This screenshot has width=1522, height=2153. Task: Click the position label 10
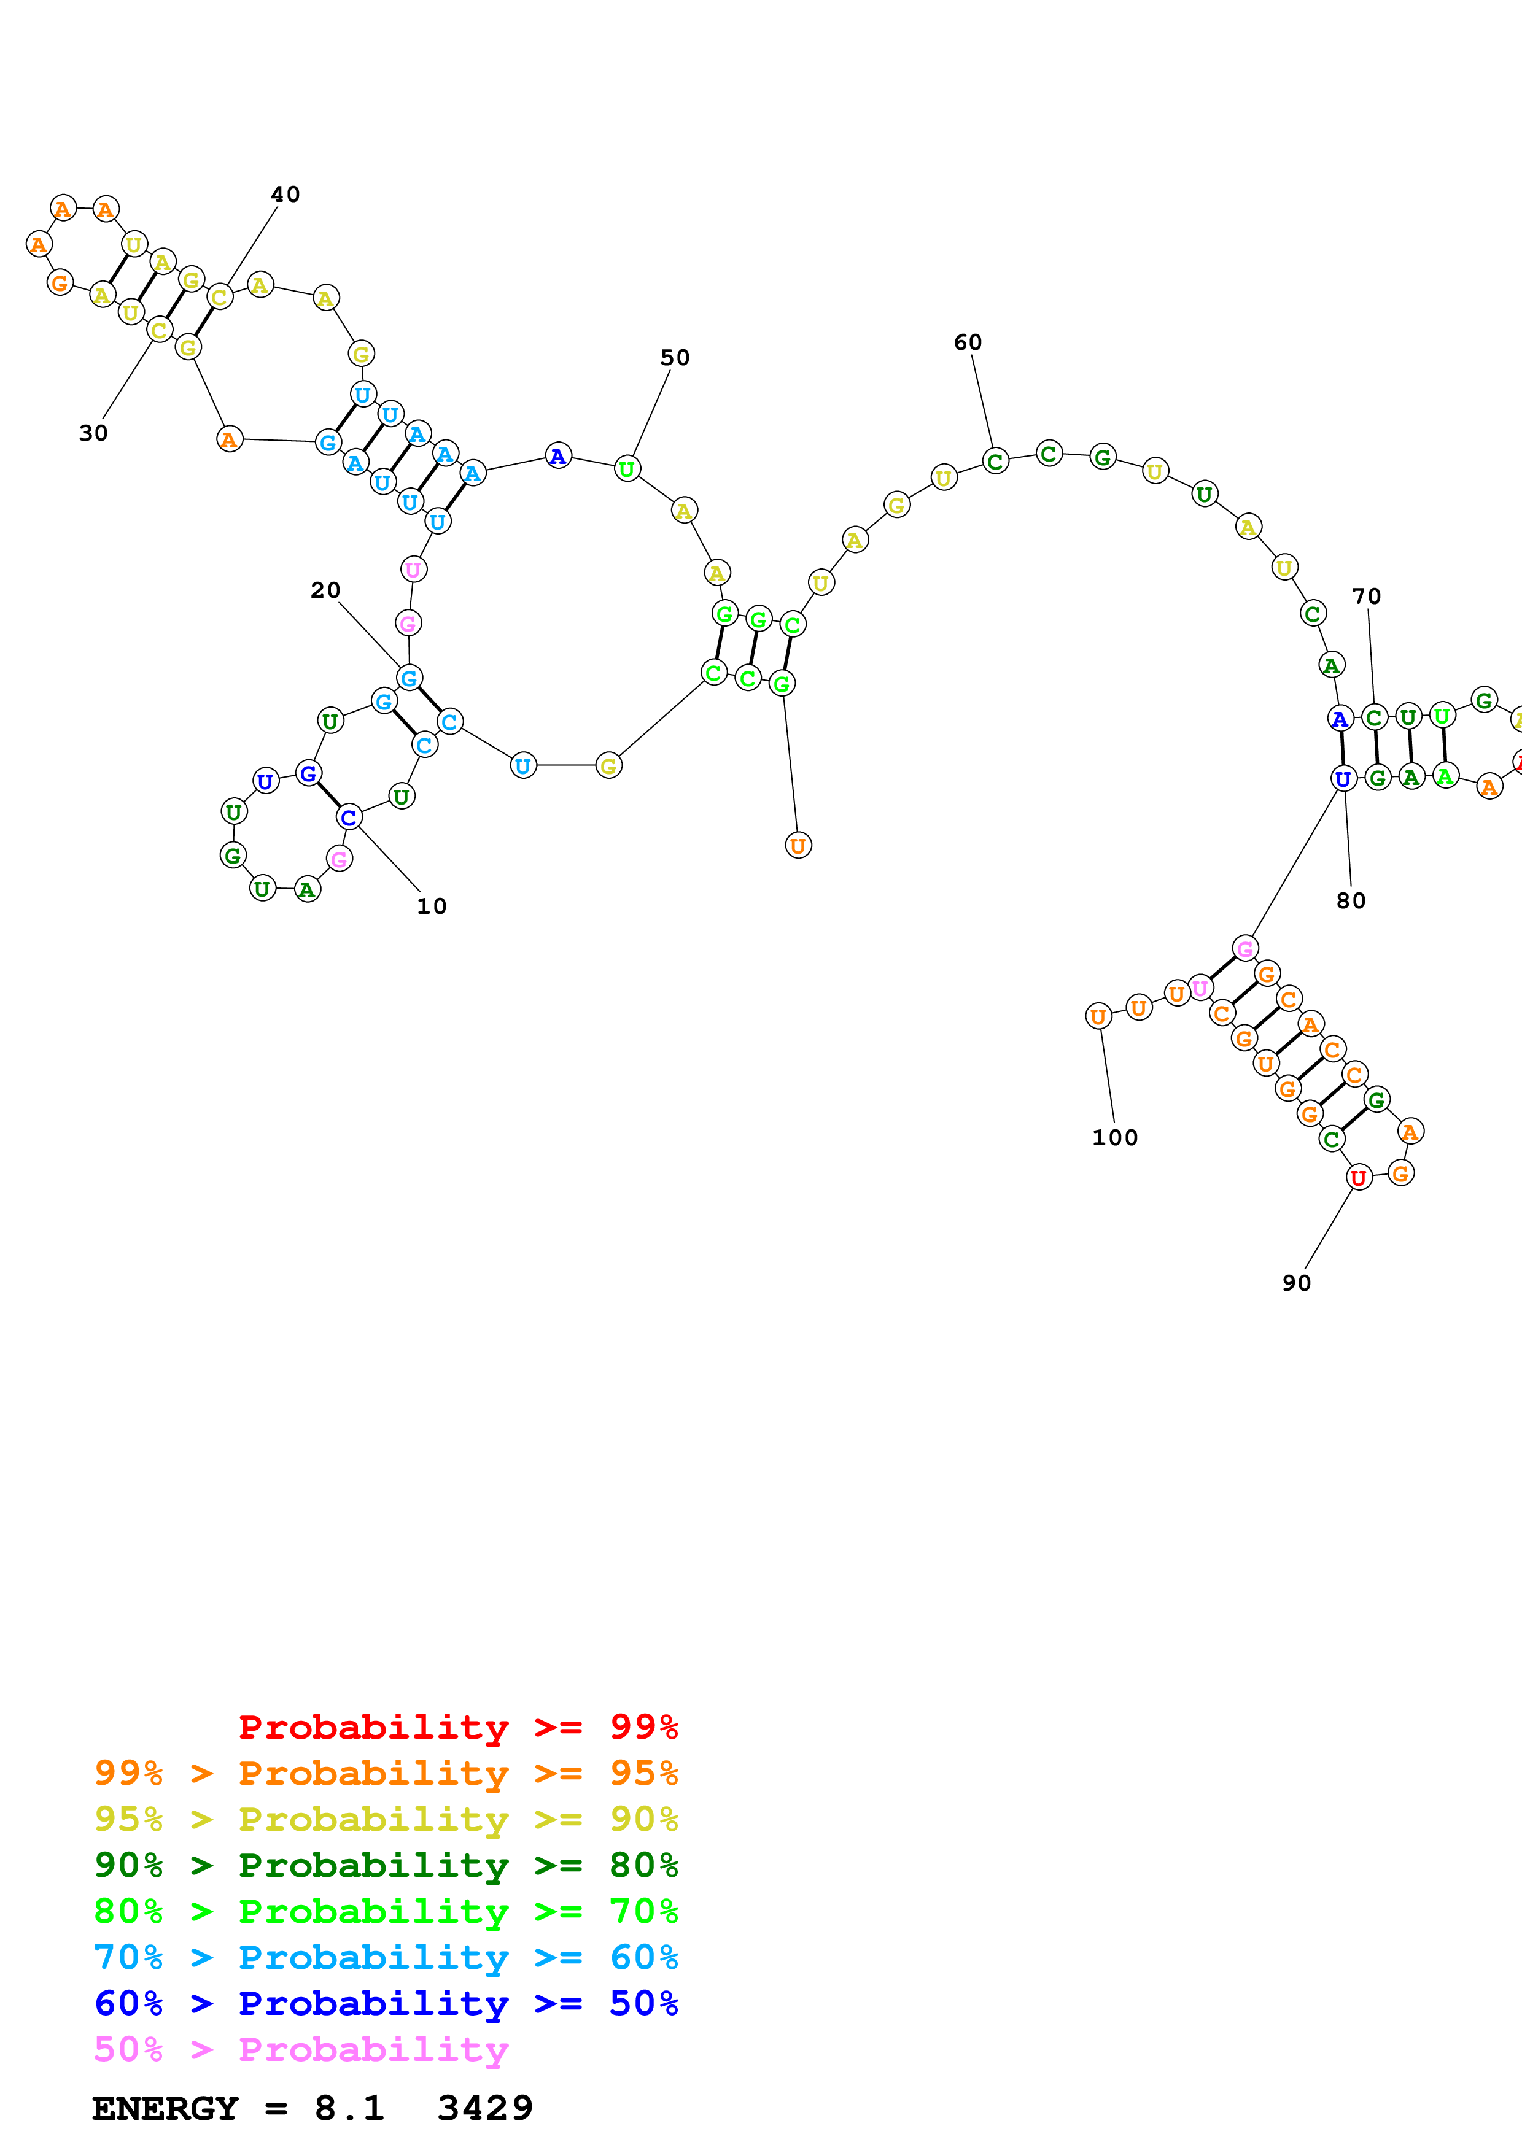pyautogui.click(x=432, y=906)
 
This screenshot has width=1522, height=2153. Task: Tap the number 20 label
pyautogui.click(x=325, y=590)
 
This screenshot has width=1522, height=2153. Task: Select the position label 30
pyautogui.click(x=93, y=433)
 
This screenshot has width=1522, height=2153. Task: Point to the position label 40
pyautogui.click(x=285, y=194)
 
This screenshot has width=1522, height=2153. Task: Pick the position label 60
pyautogui.click(x=968, y=342)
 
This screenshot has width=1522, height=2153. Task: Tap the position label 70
pyautogui.click(x=1365, y=597)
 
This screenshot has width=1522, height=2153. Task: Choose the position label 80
pyautogui.click(x=1350, y=900)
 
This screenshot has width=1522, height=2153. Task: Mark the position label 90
pyautogui.click(x=1296, y=1283)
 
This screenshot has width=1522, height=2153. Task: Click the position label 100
pyautogui.click(x=1114, y=1137)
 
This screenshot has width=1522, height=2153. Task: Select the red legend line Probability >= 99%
pyautogui.click(x=457, y=1726)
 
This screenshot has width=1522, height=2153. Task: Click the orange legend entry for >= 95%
pyautogui.click(x=386, y=1772)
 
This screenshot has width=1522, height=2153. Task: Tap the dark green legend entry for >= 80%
pyautogui.click(x=386, y=1865)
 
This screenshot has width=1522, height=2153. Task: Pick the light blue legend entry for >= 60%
pyautogui.click(x=386, y=1957)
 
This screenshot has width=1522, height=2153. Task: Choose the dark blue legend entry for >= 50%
pyautogui.click(x=386, y=2003)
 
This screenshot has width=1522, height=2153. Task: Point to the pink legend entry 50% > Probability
pyautogui.click(x=300, y=2049)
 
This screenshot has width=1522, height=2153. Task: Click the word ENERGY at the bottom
pyautogui.click(x=165, y=2108)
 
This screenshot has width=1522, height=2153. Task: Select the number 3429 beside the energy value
pyautogui.click(x=485, y=2108)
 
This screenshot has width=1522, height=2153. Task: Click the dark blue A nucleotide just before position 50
pyautogui.click(x=558, y=457)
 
